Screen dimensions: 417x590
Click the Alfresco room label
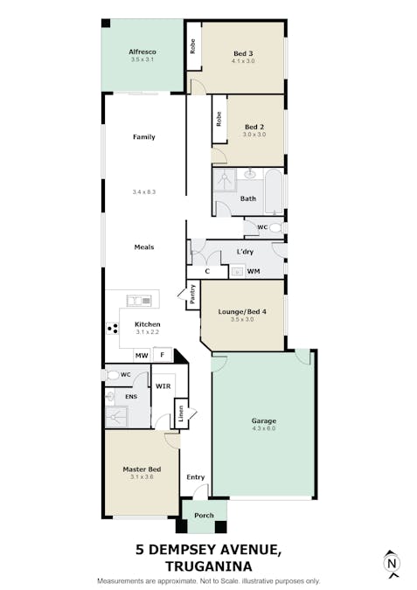(x=142, y=52)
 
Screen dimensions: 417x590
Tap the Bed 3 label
(x=243, y=53)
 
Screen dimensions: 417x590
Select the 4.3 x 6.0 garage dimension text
(x=264, y=428)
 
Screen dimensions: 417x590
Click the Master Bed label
(x=142, y=469)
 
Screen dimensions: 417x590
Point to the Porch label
(x=204, y=516)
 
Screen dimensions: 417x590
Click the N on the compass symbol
(x=392, y=563)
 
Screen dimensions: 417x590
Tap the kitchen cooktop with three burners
(x=113, y=329)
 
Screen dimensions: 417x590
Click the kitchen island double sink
(x=139, y=301)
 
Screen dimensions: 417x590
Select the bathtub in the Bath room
(x=274, y=191)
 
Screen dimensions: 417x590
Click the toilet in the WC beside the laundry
(x=275, y=227)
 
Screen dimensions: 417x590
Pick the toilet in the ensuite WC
(x=113, y=375)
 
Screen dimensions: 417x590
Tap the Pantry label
(x=193, y=295)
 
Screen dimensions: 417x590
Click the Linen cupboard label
(x=181, y=413)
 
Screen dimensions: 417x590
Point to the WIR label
(x=163, y=386)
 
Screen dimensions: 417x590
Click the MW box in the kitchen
(x=142, y=355)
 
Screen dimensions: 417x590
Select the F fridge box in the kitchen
(x=163, y=355)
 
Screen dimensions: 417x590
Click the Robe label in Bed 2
(x=219, y=119)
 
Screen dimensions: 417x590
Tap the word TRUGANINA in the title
(x=209, y=566)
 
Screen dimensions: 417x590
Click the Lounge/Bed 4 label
(x=242, y=311)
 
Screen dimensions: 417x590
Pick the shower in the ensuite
(x=116, y=417)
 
